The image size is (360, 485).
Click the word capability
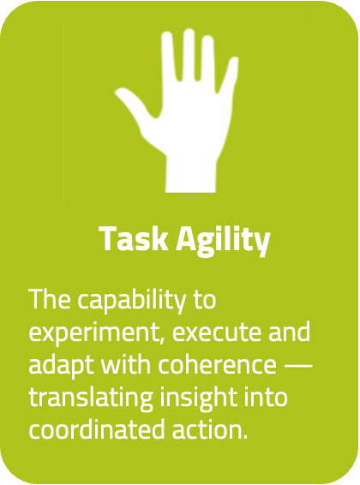point(141,302)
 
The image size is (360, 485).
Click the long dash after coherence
point(297,364)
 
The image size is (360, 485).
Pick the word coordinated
point(94,428)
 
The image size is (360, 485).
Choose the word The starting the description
point(50,302)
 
